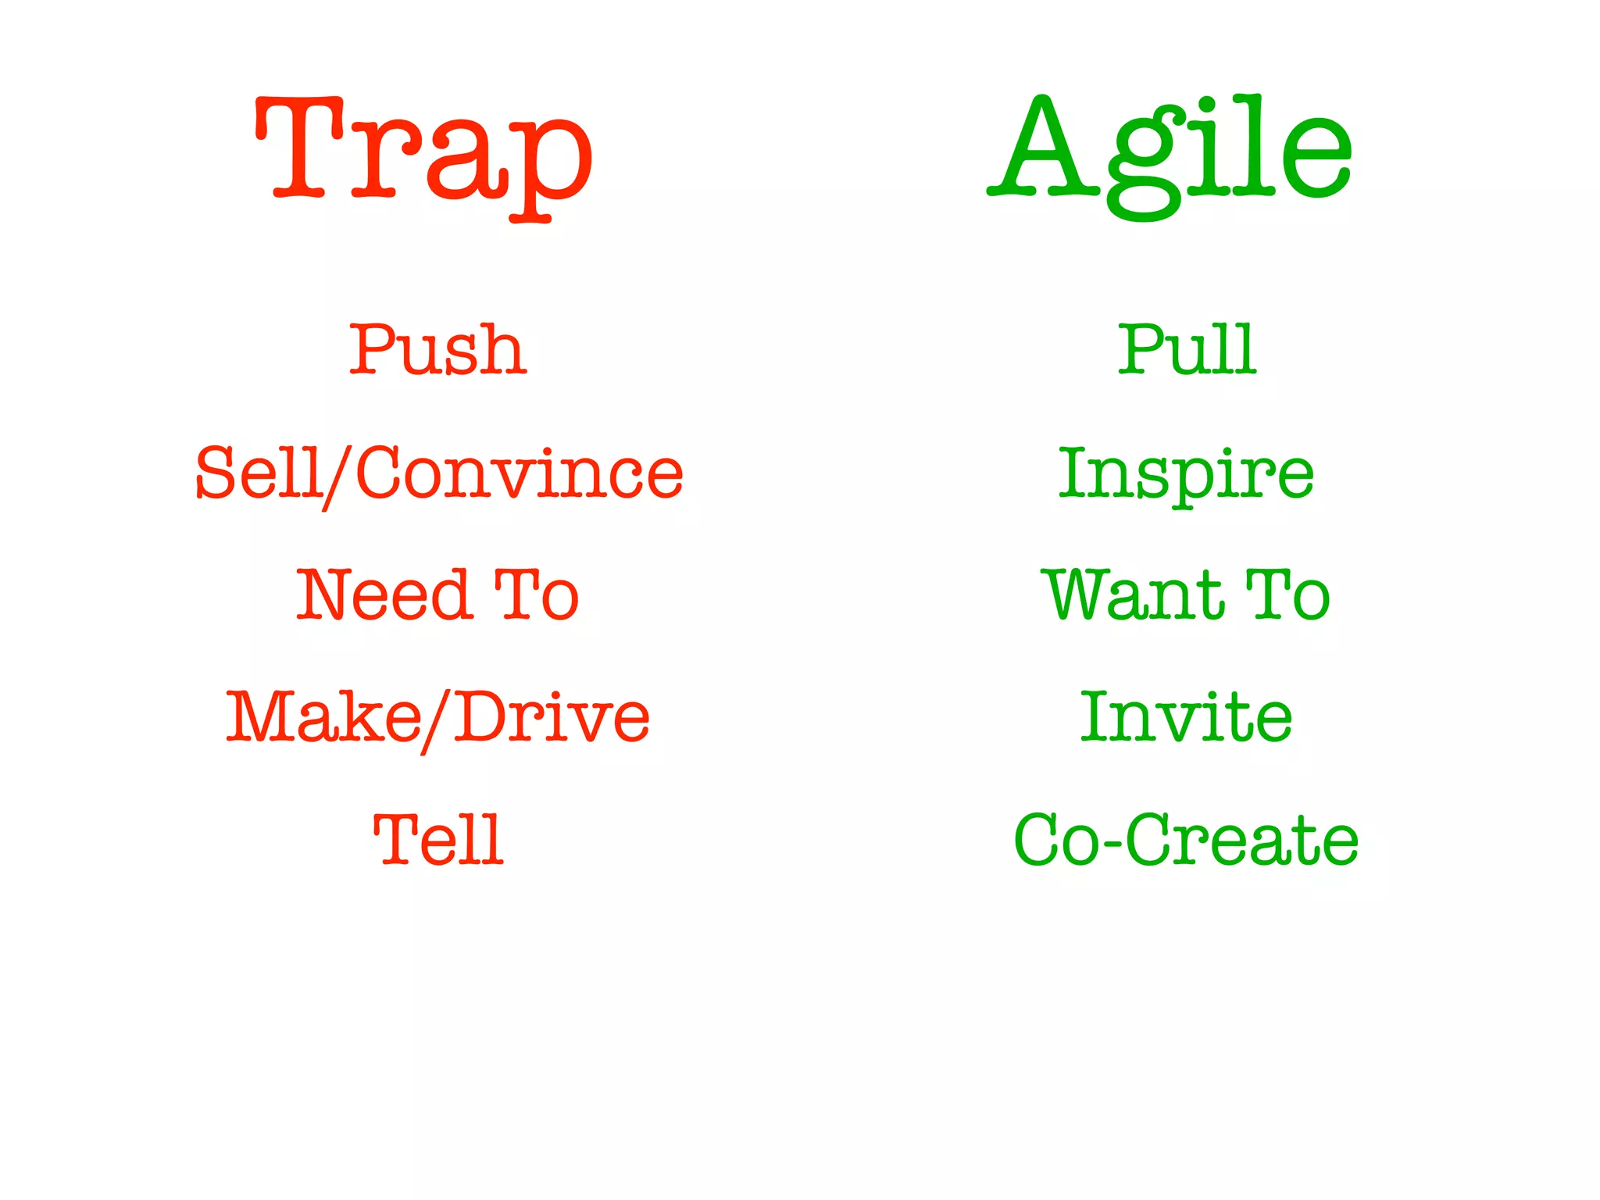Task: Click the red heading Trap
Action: tap(423, 152)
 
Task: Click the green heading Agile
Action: tap(1170, 152)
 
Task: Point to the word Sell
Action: tap(259, 473)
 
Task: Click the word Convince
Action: tap(520, 473)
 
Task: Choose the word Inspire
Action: tap(1186, 474)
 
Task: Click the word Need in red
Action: tap(383, 595)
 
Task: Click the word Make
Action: tap(323, 717)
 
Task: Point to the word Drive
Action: tap(552, 717)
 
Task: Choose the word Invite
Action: tap(1186, 717)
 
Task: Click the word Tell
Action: tap(438, 840)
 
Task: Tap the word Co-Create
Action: tap(1186, 840)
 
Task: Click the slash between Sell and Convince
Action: tap(338, 477)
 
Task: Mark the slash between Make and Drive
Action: tap(437, 721)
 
